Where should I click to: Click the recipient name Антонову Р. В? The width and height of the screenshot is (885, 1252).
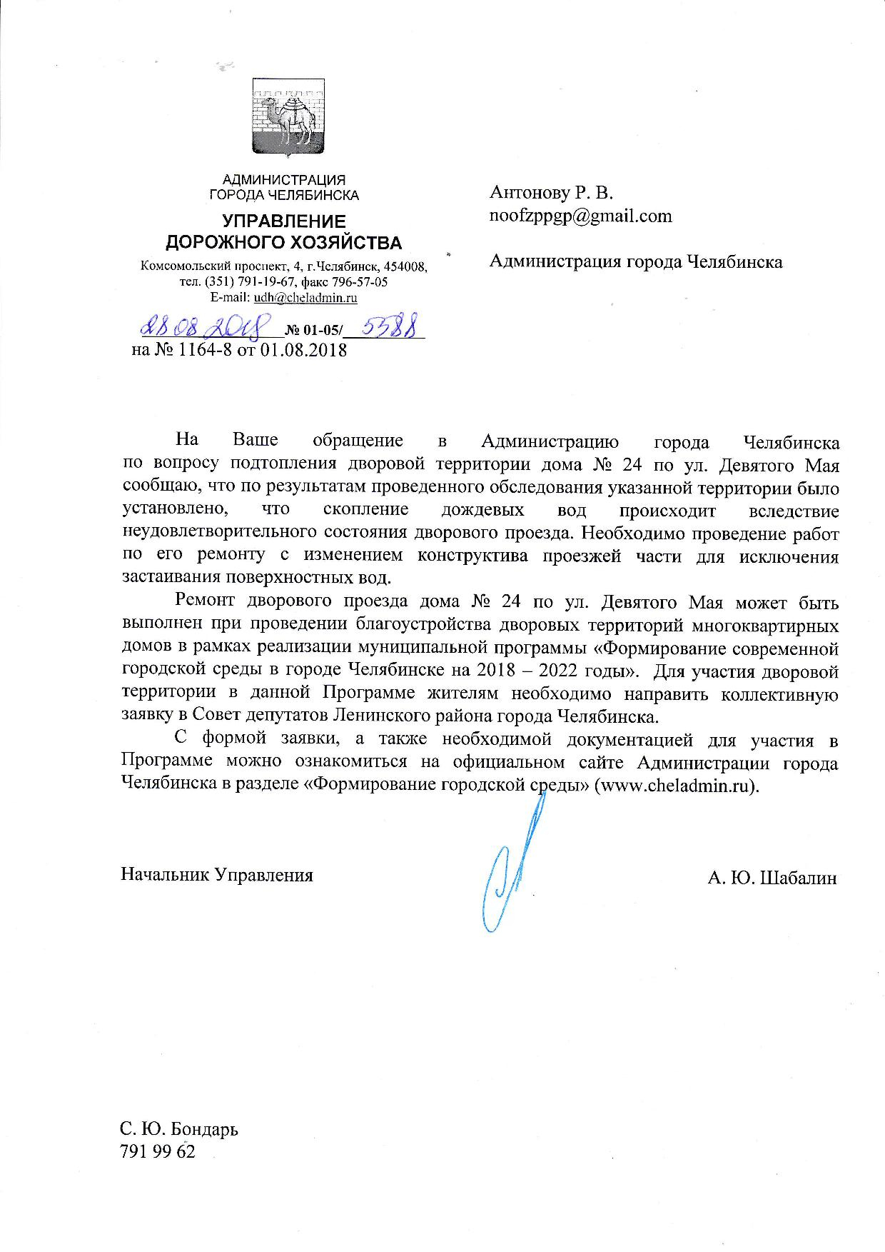[x=551, y=192]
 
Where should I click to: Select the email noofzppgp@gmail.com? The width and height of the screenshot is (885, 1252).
[x=580, y=216]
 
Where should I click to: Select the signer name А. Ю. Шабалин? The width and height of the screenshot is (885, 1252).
[x=772, y=878]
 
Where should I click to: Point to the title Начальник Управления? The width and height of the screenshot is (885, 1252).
[x=217, y=875]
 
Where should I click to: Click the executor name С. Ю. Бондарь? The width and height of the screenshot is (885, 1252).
[x=179, y=1129]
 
